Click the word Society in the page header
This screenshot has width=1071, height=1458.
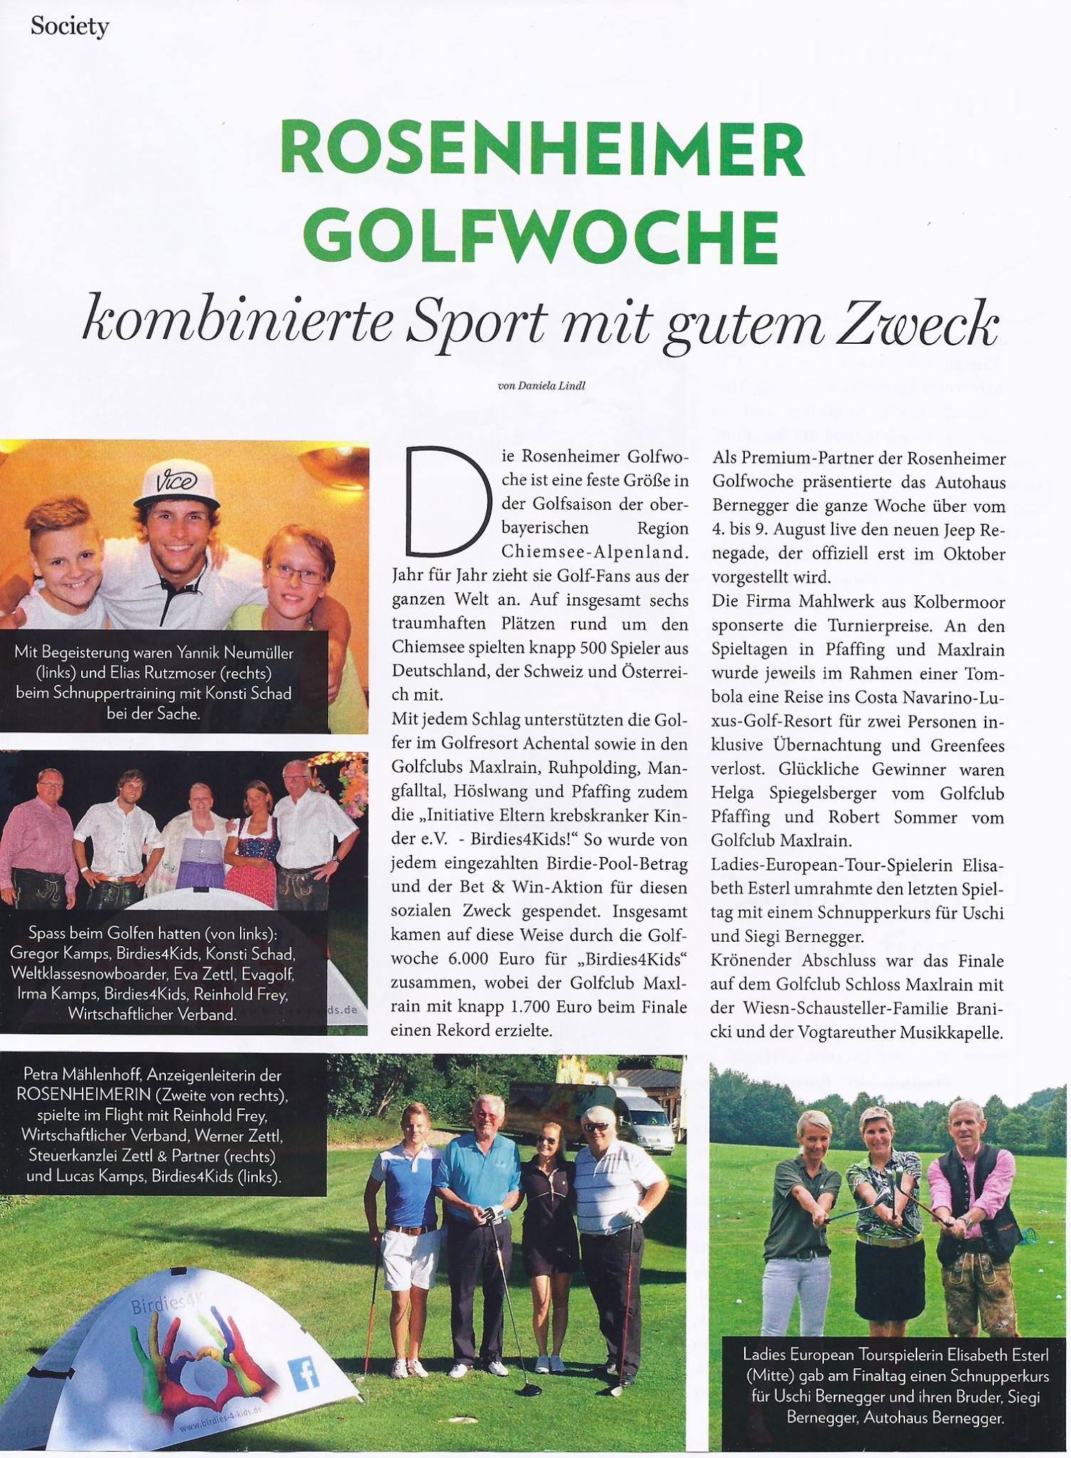coord(70,27)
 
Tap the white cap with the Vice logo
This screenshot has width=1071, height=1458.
coord(175,484)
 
